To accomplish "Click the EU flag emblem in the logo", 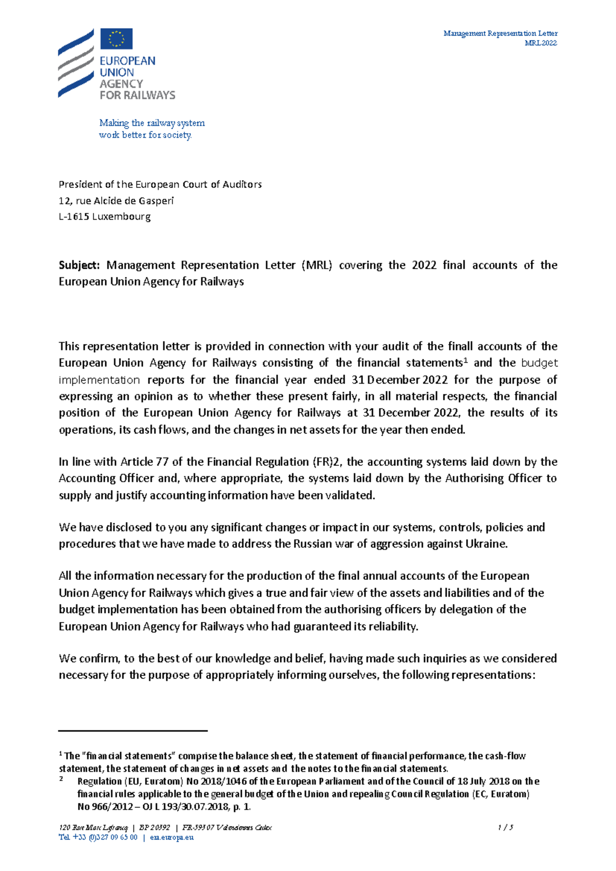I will [117, 39].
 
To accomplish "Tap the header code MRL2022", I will [541, 43].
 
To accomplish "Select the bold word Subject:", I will [79, 266].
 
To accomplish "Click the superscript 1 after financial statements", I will [466, 360].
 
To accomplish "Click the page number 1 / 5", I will [505, 828].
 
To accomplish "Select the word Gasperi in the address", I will [156, 201].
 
